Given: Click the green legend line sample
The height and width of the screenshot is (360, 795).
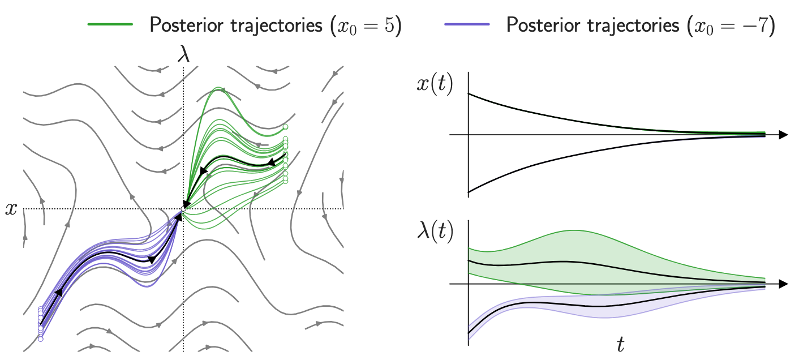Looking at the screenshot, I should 110,25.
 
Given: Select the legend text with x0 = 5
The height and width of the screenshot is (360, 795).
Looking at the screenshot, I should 275,25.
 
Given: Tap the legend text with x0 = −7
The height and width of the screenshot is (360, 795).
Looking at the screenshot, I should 640,25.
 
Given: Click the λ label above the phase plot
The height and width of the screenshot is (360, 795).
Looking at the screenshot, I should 183,55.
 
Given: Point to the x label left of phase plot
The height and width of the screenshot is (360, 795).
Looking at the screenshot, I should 11,209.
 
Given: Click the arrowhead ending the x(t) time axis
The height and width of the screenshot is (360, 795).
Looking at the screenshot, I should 783,135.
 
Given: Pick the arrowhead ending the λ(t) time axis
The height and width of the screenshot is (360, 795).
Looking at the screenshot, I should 783,284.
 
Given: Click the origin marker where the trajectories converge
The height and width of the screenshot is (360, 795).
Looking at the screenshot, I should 183,209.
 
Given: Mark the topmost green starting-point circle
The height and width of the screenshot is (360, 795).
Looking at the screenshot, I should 286,127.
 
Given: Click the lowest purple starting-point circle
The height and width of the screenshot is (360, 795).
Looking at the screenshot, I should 40,338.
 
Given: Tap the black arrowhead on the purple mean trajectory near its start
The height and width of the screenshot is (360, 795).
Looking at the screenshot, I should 58,293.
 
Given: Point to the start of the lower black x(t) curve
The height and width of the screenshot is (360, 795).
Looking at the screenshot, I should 469,193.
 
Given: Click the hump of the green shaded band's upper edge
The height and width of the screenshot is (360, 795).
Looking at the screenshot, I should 574,230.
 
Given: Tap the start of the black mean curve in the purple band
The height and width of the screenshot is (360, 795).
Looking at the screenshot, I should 469,332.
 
